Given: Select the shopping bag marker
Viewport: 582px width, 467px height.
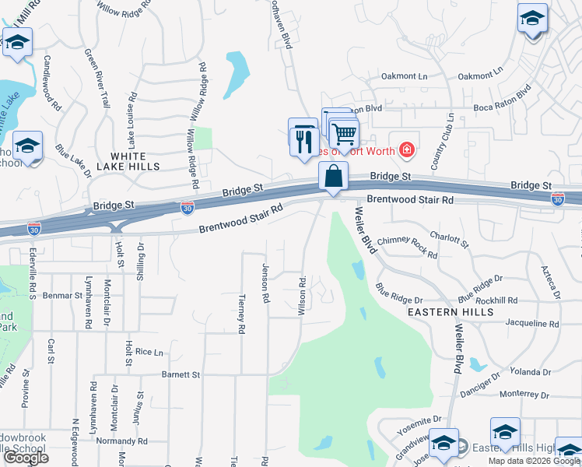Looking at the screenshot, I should tap(333, 177).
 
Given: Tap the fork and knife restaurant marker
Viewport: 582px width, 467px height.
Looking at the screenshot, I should tap(301, 141).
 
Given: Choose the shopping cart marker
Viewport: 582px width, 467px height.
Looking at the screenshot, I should tap(343, 134).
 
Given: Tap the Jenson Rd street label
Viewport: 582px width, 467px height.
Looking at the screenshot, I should tap(265, 282).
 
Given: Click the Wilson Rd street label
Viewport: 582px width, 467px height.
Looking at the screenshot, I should tap(301, 294).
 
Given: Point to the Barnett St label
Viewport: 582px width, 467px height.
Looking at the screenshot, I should tap(181, 374).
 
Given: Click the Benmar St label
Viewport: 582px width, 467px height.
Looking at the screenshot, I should tap(62, 296).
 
